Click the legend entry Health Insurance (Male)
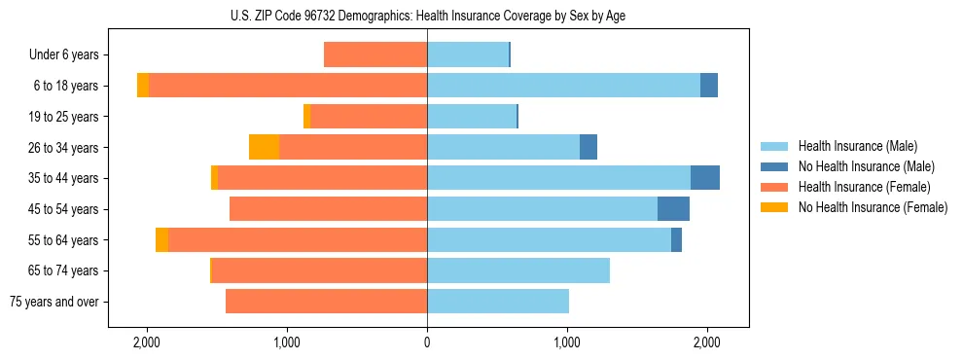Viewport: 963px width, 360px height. (857, 146)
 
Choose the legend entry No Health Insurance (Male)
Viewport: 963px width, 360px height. (866, 166)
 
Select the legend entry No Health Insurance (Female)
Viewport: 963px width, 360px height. (873, 207)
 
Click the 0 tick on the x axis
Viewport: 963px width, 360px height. (427, 342)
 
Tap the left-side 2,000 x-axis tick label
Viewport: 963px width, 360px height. (147, 342)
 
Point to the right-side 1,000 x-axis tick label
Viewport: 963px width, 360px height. (567, 342)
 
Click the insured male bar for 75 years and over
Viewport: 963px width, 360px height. (498, 302)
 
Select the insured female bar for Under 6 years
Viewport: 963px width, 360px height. (375, 54)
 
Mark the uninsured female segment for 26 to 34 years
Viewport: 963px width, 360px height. (264, 147)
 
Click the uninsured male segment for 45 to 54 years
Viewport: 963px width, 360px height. (673, 209)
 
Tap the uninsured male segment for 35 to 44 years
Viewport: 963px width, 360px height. (705, 178)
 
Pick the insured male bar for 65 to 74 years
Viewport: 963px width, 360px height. (518, 270)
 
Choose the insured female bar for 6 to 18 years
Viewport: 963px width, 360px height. (288, 86)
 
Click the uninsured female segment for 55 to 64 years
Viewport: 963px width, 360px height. (161, 239)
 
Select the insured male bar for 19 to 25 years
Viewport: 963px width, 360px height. (472, 117)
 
